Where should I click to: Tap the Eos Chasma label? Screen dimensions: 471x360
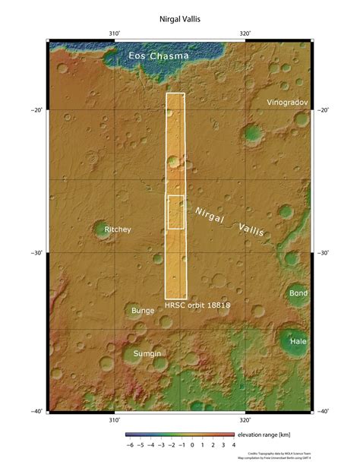pyautogui.click(x=159, y=55)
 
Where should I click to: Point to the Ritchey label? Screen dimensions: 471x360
pyautogui.click(x=118, y=229)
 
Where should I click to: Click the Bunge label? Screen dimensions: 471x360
pyautogui.click(x=143, y=310)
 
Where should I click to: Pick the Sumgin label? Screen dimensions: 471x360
pyautogui.click(x=147, y=353)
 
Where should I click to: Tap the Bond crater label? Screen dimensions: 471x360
pyautogui.click(x=298, y=292)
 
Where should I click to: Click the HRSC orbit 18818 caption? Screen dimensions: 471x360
pyautogui.click(x=197, y=304)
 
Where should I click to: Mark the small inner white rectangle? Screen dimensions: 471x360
pyautogui.click(x=175, y=212)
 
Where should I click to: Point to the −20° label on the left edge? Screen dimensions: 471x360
pyautogui.click(x=37, y=110)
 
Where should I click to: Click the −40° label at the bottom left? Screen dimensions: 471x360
pyautogui.click(x=37, y=412)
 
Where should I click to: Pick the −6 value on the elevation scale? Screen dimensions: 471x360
pyautogui.click(x=130, y=444)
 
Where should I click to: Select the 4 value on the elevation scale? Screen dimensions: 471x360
pyautogui.click(x=233, y=444)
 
